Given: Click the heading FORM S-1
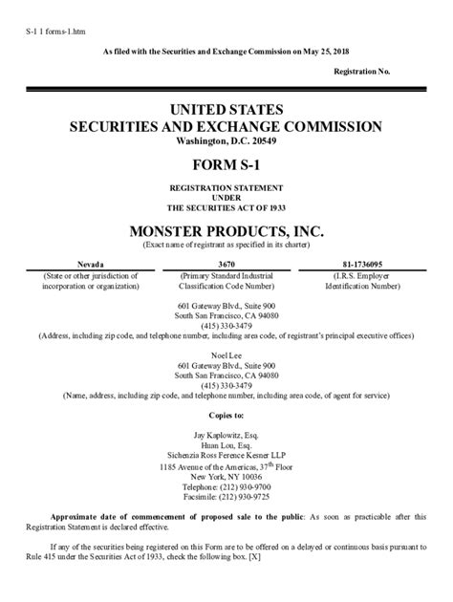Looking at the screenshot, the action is pos(226,163).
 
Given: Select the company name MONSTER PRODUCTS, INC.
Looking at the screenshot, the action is pos(226,230).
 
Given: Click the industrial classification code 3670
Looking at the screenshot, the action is pos(226,264).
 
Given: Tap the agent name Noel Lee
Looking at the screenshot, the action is pos(226,355).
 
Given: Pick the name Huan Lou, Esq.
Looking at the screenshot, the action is pos(226,444).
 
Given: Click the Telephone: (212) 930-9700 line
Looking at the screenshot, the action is pos(226,486).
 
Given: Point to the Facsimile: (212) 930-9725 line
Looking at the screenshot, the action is pos(226,497).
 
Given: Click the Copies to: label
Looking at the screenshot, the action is pos(226,415).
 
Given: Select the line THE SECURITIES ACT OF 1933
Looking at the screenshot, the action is pos(226,206).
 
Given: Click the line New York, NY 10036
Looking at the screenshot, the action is pos(226,476).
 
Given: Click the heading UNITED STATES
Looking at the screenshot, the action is pos(226,109).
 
